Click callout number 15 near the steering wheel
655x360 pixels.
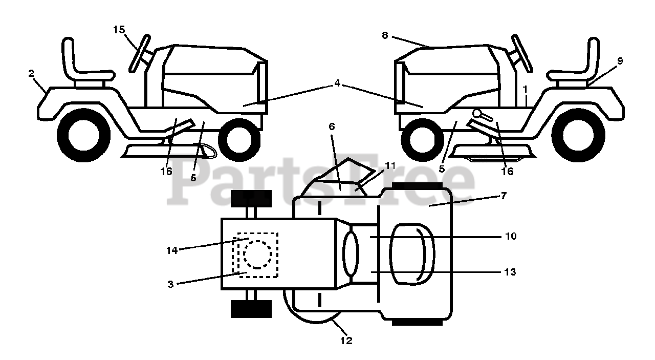(x=119, y=30)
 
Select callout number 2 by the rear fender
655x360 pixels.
(x=32, y=74)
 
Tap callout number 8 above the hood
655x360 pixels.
(x=385, y=35)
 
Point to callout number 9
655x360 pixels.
(x=620, y=61)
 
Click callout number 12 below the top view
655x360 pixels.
(x=346, y=340)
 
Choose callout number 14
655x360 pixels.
(x=172, y=250)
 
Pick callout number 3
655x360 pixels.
(x=171, y=283)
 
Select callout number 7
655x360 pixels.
(x=504, y=195)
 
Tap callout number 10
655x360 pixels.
(x=511, y=237)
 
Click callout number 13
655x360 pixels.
(x=511, y=272)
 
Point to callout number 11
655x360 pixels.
(x=390, y=165)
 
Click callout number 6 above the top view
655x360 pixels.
(x=332, y=126)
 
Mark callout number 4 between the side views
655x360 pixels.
(x=337, y=83)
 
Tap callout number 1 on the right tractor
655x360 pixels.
(x=525, y=90)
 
